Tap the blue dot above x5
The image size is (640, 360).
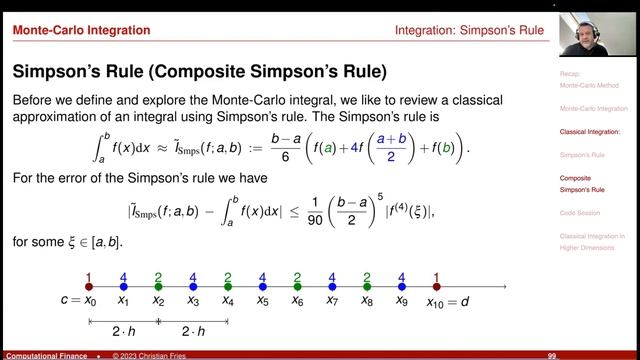(262, 286)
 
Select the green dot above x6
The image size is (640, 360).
(297, 286)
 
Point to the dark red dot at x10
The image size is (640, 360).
(436, 286)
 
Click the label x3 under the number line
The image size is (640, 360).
(193, 301)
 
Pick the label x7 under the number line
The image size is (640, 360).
(332, 301)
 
